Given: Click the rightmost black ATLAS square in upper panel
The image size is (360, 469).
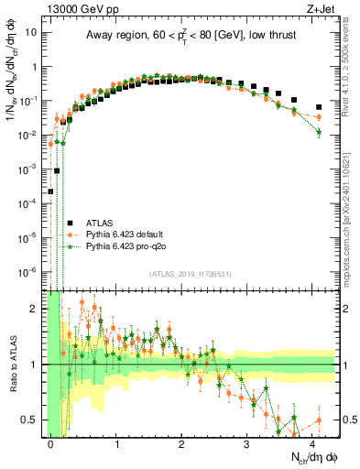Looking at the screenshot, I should click(319, 107).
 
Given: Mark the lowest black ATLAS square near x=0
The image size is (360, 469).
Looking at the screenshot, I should click(50, 191).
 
